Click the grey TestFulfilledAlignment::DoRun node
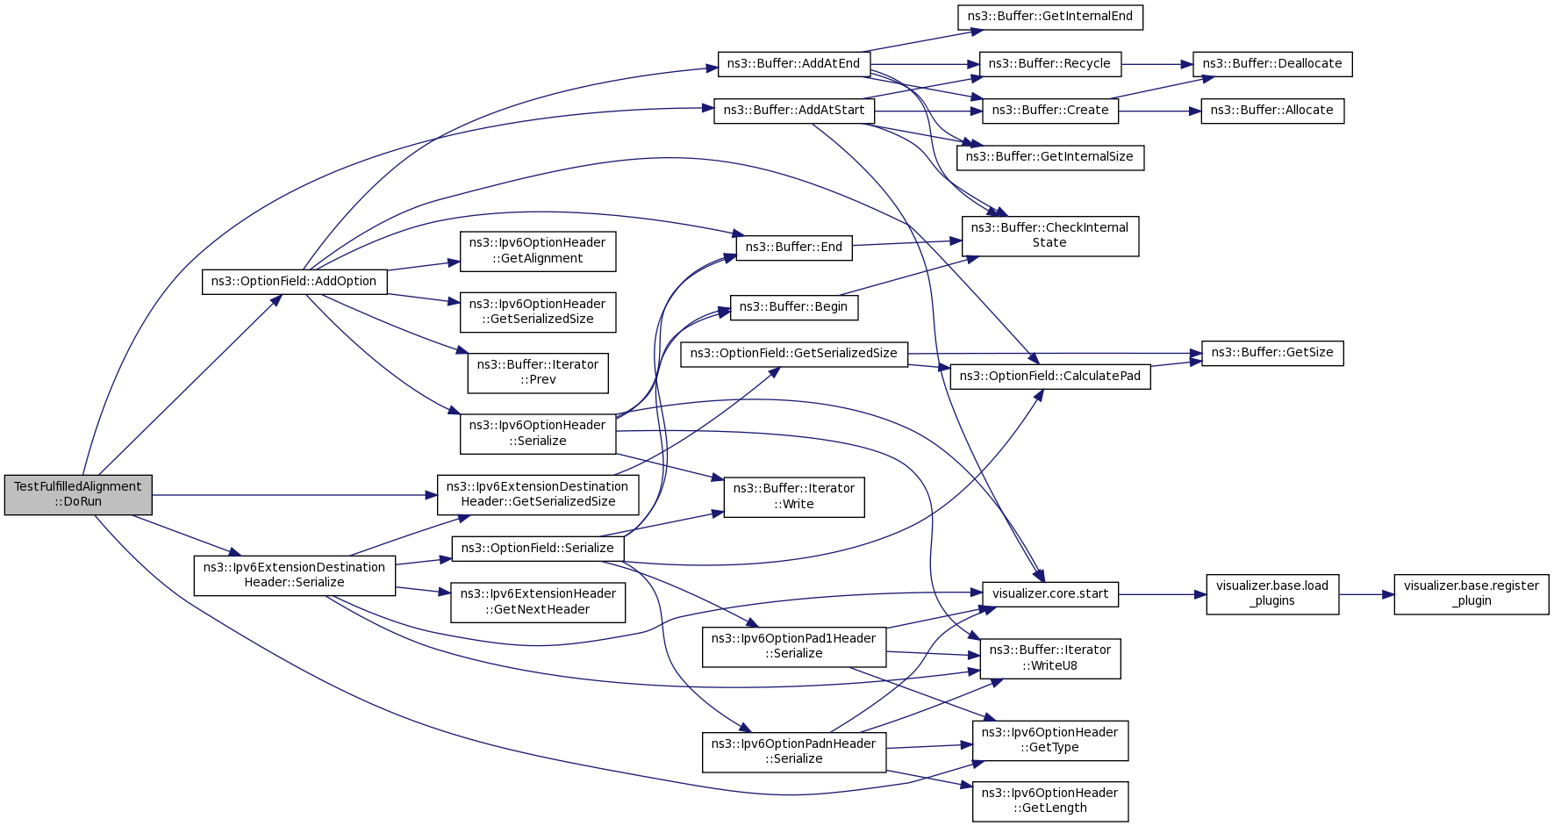(78, 494)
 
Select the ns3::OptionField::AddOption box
(294, 282)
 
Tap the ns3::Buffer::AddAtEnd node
(794, 64)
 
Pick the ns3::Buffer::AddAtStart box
(794, 111)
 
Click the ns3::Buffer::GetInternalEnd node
(1049, 17)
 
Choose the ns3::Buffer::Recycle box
(1049, 64)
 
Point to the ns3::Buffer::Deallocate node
(1272, 64)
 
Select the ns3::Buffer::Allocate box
(1272, 111)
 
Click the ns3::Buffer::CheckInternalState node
(1050, 235)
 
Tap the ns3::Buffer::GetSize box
(1272, 353)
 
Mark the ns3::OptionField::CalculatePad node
(1050, 377)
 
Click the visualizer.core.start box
(1050, 594)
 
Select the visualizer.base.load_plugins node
(1272, 594)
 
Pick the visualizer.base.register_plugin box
(1472, 594)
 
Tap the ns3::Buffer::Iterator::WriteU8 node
(1050, 658)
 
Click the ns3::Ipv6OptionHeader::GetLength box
(1050, 801)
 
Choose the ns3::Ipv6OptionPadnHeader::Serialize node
(794, 752)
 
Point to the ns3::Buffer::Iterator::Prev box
(538, 373)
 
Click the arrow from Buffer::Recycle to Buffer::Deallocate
(1157, 64)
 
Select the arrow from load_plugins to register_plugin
(1366, 594)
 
